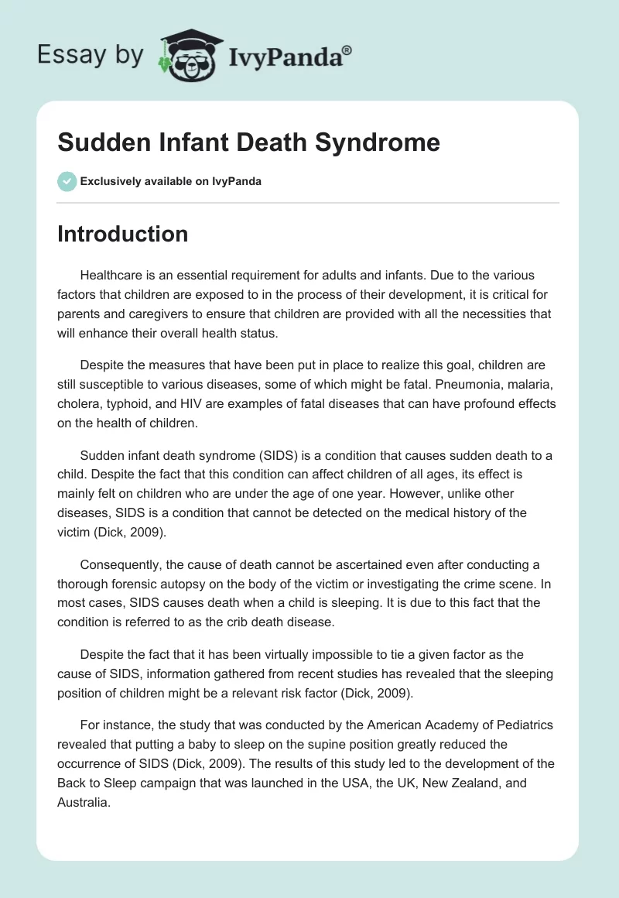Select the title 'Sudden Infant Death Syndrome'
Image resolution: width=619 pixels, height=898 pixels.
point(248,142)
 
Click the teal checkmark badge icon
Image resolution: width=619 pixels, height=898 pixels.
point(66,181)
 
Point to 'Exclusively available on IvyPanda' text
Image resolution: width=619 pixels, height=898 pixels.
point(171,182)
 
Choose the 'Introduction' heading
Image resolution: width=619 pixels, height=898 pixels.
point(122,234)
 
